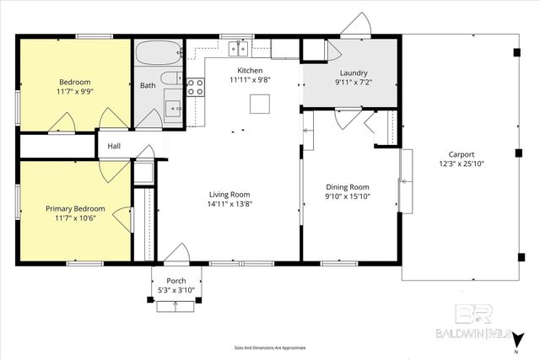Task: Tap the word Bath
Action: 148,85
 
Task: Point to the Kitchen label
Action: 250,71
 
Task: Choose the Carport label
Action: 461,154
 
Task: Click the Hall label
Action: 114,146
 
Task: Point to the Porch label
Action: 176,282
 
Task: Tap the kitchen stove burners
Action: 195,85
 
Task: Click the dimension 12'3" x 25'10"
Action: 461,164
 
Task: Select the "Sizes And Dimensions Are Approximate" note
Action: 270,347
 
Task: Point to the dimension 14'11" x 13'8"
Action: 231,203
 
